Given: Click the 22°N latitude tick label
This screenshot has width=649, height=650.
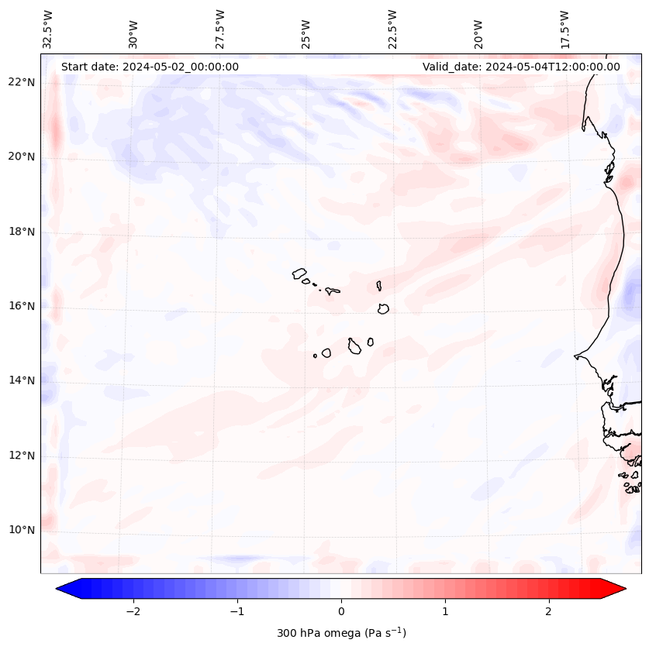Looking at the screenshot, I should (x=21, y=82).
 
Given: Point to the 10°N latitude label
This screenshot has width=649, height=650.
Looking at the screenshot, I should (x=21, y=530).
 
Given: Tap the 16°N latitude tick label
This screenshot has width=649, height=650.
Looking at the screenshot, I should (x=21, y=306).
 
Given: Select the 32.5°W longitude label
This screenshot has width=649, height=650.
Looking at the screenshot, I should (x=47, y=29).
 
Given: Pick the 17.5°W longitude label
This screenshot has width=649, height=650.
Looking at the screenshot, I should (x=565, y=29).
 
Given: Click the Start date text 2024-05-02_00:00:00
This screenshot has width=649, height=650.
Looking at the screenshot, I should (x=150, y=67).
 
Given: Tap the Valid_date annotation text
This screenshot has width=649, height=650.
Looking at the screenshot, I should (x=521, y=67).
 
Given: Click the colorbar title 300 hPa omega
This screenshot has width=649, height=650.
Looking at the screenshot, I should (x=341, y=633).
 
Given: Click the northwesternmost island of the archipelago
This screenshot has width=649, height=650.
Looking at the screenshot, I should (x=299, y=273).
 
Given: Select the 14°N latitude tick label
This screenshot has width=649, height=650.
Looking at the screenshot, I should (x=21, y=380).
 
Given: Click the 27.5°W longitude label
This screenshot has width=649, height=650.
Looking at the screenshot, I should (x=220, y=29).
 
